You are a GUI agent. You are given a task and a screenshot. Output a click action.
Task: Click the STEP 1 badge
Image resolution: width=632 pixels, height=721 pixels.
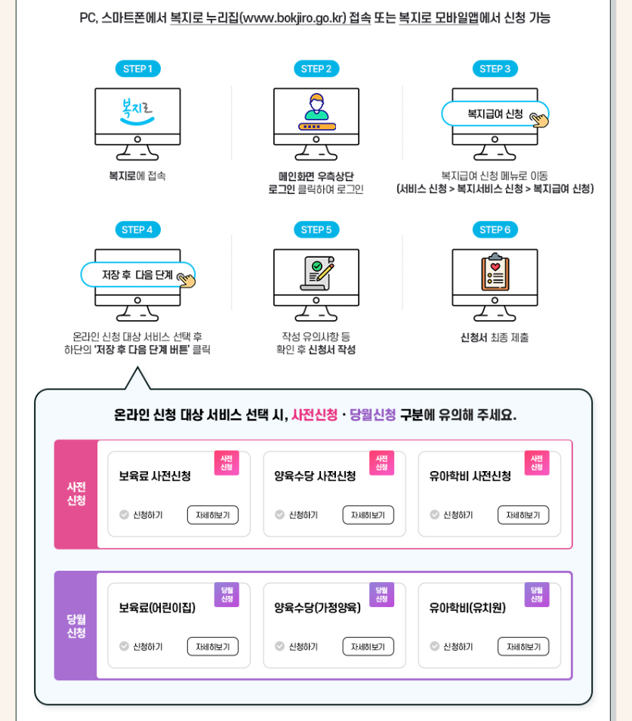click(137, 69)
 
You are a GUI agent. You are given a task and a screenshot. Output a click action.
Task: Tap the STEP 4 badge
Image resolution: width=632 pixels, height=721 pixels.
click(137, 230)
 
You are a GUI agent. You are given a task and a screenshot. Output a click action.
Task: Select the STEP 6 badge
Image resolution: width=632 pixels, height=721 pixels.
click(495, 230)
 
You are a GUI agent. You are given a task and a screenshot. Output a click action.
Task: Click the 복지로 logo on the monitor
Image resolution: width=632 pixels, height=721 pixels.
click(137, 111)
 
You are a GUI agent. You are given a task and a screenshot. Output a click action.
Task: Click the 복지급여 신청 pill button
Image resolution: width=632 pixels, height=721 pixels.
click(495, 114)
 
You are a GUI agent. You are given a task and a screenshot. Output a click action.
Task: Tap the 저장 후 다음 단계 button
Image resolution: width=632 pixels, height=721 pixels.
click(137, 275)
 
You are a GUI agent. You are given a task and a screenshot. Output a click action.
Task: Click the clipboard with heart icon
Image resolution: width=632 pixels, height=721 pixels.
click(495, 273)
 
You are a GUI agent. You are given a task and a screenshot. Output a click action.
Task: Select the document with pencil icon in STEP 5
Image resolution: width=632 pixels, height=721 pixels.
click(316, 273)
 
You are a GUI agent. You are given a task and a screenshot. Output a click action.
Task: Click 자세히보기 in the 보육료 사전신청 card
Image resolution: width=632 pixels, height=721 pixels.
click(212, 515)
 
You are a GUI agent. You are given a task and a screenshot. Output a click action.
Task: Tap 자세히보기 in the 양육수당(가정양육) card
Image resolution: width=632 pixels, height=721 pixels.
click(368, 646)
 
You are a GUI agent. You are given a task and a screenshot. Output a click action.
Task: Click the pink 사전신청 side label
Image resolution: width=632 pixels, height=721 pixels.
click(76, 494)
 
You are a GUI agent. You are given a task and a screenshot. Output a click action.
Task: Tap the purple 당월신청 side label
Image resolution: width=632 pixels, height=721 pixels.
click(76, 626)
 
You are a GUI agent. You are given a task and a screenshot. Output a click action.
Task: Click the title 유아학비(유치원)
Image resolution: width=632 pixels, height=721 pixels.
click(467, 608)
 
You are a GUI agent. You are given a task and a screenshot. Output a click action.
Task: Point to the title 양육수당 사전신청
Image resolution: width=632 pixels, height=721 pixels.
click(315, 476)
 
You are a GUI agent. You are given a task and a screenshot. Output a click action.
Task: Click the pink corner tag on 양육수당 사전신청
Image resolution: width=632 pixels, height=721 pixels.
click(381, 463)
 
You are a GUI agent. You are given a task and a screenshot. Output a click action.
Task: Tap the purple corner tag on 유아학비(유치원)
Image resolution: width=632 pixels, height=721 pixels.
click(537, 594)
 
